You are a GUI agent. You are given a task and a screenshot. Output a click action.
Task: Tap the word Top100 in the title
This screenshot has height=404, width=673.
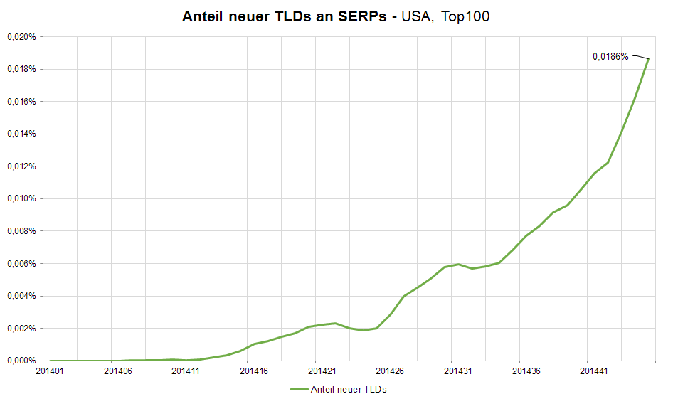pyautogui.click(x=465, y=16)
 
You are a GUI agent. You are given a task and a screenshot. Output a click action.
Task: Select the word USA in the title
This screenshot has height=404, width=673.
pyautogui.click(x=416, y=16)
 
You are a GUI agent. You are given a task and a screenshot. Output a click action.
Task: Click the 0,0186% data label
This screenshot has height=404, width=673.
pyautogui.click(x=610, y=56)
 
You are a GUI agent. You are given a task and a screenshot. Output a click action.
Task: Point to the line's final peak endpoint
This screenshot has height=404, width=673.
pyautogui.click(x=648, y=58)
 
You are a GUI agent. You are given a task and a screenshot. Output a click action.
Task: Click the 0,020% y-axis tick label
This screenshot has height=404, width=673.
pyautogui.click(x=21, y=37)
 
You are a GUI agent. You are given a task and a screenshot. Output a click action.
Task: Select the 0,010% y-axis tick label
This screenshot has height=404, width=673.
pyautogui.click(x=21, y=199)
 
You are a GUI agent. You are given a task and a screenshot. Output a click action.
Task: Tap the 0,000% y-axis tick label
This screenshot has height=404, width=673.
pyautogui.click(x=21, y=361)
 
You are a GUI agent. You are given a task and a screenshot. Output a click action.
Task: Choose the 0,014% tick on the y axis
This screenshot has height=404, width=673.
pyautogui.click(x=21, y=134)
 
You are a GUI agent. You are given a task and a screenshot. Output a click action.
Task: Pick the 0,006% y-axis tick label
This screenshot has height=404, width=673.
pyautogui.click(x=21, y=264)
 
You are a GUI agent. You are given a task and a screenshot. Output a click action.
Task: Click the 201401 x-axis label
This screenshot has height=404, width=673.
pyautogui.click(x=49, y=371)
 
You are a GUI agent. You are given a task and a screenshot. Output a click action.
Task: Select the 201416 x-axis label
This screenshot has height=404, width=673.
pyautogui.click(x=254, y=371)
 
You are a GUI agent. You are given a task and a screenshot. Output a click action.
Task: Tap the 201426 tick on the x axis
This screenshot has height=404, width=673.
pyautogui.click(x=390, y=371)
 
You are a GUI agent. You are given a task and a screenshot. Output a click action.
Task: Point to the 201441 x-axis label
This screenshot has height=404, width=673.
pyautogui.click(x=594, y=371)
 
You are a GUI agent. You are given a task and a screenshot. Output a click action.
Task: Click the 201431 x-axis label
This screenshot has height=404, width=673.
pyautogui.click(x=457, y=371)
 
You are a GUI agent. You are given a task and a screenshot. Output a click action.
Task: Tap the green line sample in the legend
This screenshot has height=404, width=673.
pyautogui.click(x=301, y=390)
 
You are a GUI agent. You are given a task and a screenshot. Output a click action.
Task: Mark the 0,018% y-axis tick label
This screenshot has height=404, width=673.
pyautogui.click(x=21, y=70)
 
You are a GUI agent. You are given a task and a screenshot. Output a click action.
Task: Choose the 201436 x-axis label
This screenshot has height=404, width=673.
pyautogui.click(x=526, y=371)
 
